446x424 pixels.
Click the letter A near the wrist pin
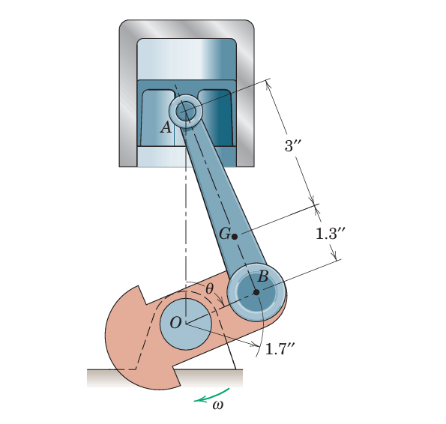click(166, 127)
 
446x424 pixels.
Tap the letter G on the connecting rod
click(224, 234)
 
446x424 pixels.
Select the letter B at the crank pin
click(263, 276)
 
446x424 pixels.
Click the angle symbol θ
click(210, 288)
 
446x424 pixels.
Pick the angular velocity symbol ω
click(218, 405)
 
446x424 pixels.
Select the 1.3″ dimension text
click(330, 233)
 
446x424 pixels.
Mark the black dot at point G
click(235, 236)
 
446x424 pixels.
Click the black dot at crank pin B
click(256, 292)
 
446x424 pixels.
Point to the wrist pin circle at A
click(185, 112)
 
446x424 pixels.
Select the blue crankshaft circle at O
click(186, 324)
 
